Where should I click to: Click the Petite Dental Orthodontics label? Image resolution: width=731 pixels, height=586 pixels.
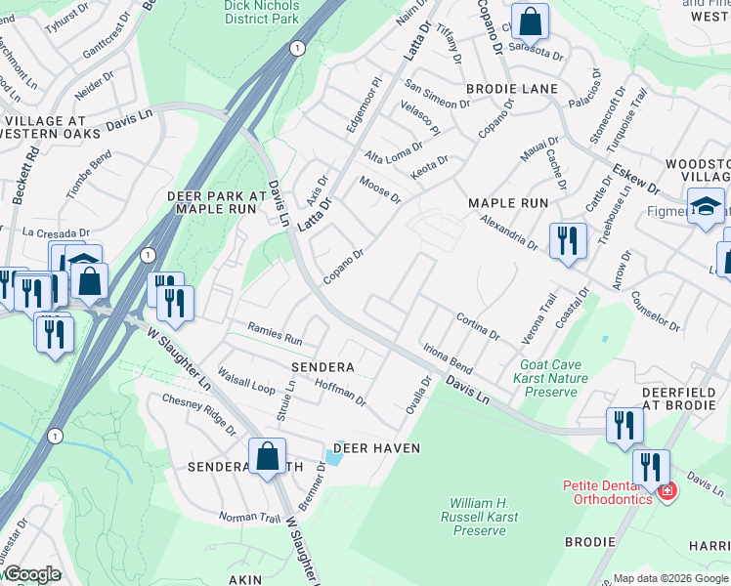(607, 492)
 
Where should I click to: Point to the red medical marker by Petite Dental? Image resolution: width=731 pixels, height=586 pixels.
(666, 490)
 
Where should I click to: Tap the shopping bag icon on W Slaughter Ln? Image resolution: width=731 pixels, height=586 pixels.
(267, 457)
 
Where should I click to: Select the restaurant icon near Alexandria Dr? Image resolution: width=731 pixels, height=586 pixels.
(568, 240)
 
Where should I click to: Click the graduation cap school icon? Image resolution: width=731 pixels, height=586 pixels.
(706, 207)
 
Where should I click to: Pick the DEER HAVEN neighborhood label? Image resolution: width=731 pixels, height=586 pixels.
(376, 448)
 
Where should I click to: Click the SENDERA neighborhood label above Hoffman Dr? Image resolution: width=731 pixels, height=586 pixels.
(322, 366)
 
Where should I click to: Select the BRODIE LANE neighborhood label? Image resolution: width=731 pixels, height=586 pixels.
(518, 89)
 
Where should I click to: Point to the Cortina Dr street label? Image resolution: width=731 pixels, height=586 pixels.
(478, 326)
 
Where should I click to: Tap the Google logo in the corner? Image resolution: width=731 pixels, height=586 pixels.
(32, 574)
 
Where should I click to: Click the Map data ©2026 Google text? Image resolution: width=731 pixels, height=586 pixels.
(669, 578)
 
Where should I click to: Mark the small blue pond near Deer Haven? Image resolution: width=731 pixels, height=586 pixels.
(334, 455)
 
